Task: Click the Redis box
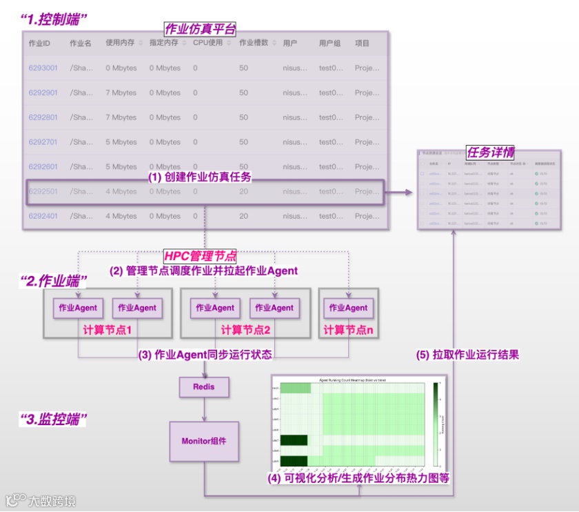[203, 387]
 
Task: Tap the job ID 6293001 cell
[43, 68]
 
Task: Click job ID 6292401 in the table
[43, 216]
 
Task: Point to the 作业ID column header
[39, 43]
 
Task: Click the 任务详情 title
[490, 152]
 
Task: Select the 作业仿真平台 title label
[200, 29]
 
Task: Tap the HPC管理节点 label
[200, 256]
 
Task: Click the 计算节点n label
[348, 330]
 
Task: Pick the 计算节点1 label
[107, 330]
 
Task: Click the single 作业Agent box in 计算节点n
[348, 308]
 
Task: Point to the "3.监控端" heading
[53, 420]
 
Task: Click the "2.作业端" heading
[54, 281]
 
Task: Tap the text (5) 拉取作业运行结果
[467, 355]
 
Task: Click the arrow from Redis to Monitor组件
[204, 409]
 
